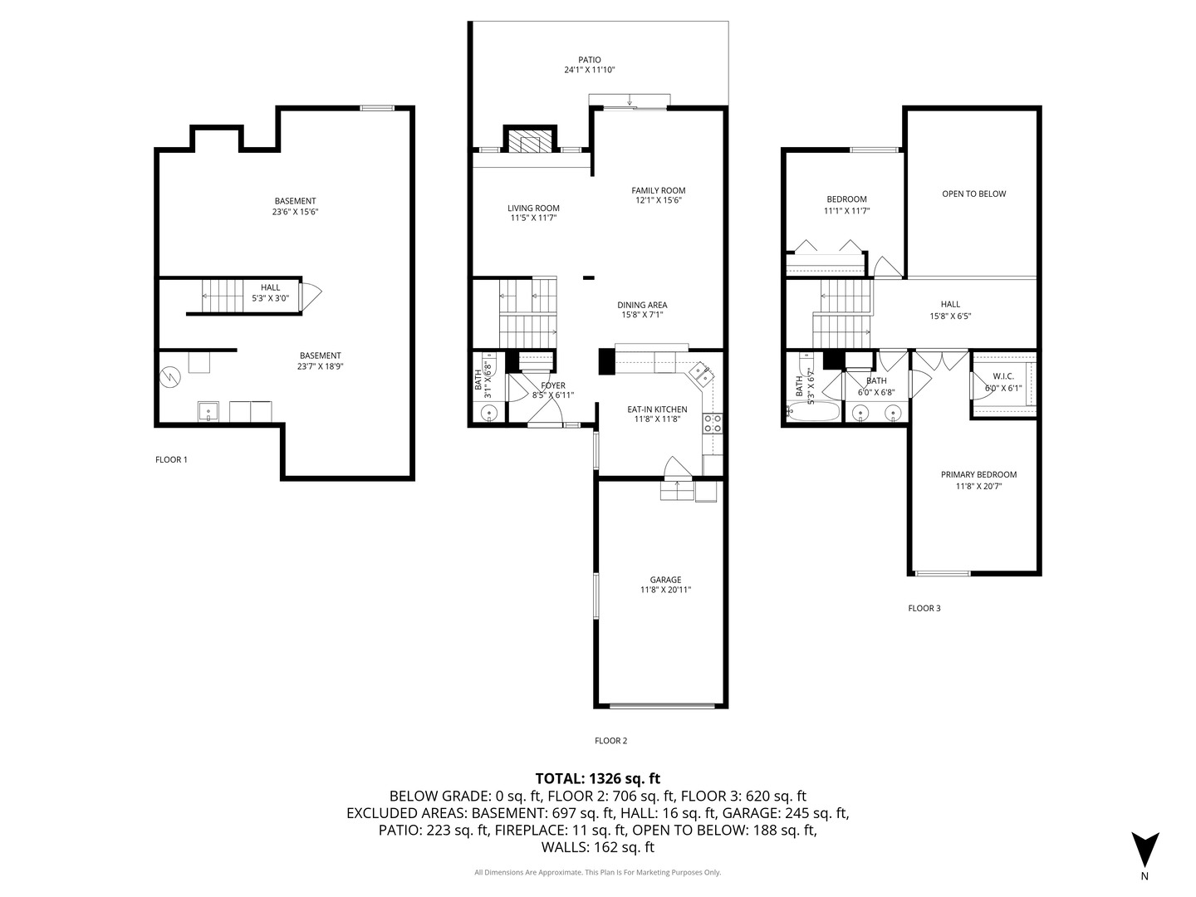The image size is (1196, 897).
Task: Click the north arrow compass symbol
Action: [1145, 850]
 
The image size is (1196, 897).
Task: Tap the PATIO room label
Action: [590, 60]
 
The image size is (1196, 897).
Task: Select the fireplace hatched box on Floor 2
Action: [530, 140]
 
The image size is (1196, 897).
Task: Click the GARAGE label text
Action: [665, 580]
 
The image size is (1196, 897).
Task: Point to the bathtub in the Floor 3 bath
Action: [813, 412]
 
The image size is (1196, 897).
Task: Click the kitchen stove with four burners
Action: [713, 424]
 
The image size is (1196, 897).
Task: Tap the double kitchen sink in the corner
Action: [702, 375]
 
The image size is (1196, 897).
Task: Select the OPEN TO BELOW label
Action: [973, 194]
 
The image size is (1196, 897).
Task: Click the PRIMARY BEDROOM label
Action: [978, 474]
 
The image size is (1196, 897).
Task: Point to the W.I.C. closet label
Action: [1003, 376]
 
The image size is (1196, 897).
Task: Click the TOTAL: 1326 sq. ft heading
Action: [598, 778]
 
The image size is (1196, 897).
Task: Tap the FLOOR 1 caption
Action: [171, 459]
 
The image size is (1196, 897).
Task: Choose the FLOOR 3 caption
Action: [924, 608]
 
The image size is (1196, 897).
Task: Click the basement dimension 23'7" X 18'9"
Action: [320, 366]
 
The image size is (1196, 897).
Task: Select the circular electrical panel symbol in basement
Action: [170, 376]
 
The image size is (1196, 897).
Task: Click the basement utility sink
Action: [208, 412]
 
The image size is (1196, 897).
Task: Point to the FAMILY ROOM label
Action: [658, 191]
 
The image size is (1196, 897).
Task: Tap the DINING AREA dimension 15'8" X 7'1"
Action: [642, 315]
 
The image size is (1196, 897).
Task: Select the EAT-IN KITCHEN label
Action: [657, 409]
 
